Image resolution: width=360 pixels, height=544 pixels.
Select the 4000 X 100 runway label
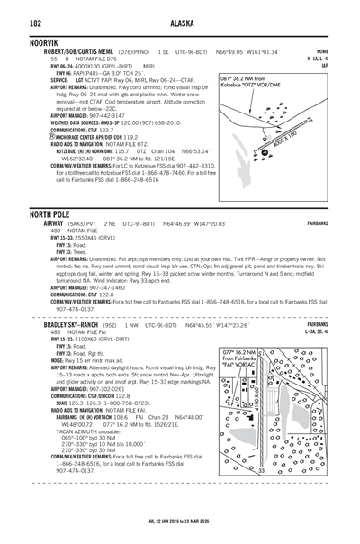point(299,145)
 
